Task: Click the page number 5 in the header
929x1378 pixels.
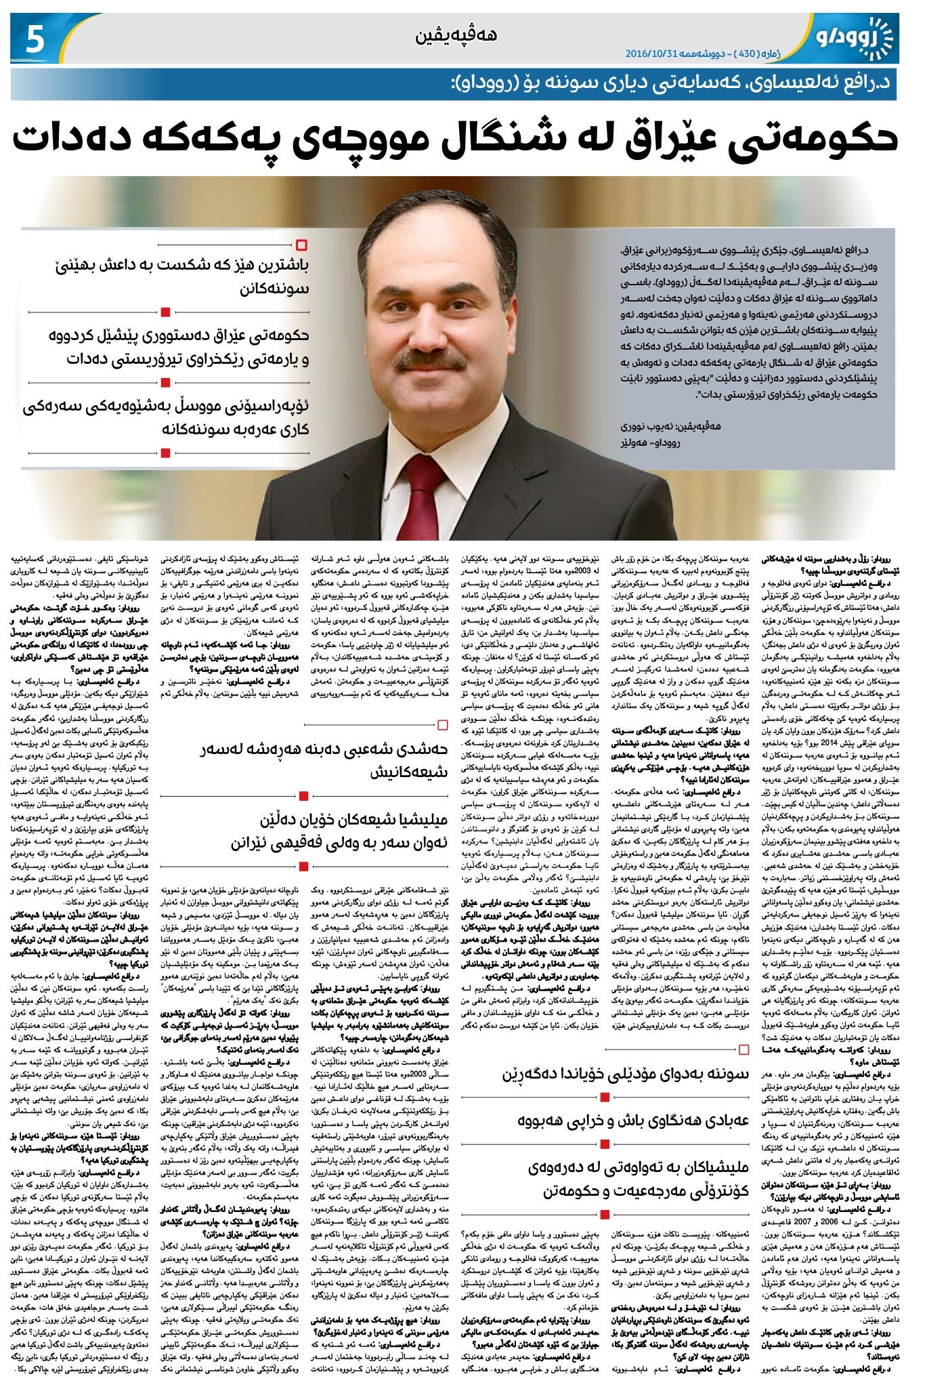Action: click(x=32, y=40)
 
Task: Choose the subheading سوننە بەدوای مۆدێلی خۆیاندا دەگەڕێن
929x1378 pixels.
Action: click(x=626, y=1074)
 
